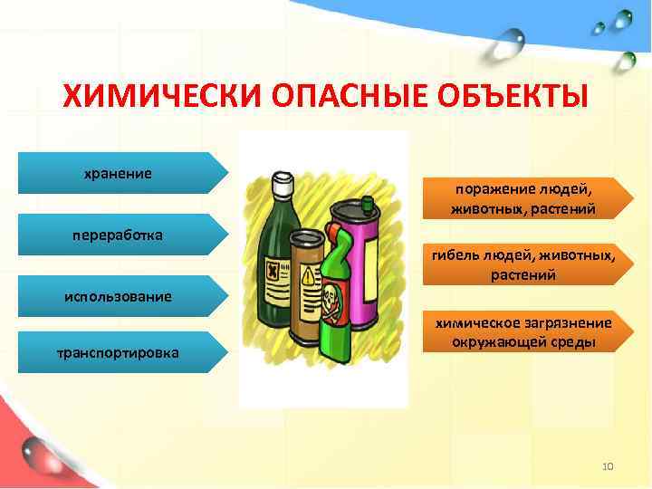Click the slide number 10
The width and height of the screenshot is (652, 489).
pos(608,466)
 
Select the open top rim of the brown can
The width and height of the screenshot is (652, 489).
pos(306,237)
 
